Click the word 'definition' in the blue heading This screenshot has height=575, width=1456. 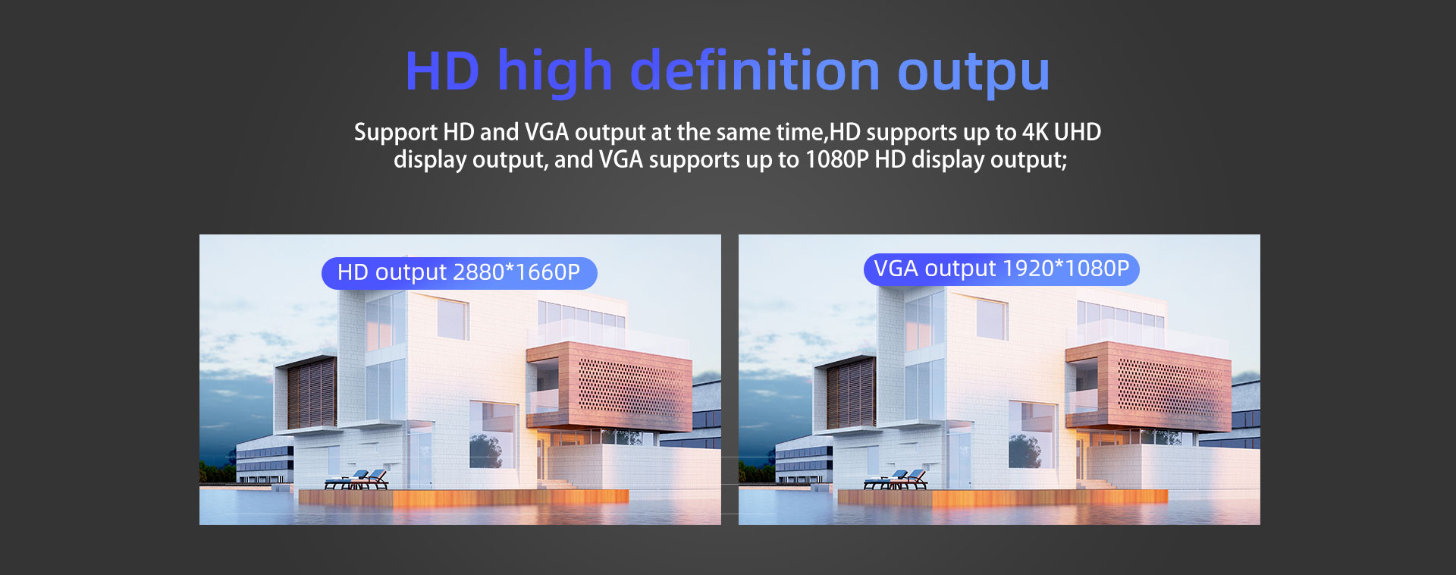click(755, 71)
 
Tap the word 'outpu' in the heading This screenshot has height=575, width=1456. click(974, 75)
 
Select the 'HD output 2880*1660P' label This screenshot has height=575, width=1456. click(459, 273)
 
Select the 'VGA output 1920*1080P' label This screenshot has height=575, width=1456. click(1001, 269)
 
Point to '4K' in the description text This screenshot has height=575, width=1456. click(1034, 132)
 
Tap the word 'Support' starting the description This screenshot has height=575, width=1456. click(396, 133)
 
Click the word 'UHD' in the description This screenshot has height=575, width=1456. click(1077, 132)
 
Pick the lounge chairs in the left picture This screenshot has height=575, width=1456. click(356, 479)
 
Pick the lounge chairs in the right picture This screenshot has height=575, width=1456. click(896, 479)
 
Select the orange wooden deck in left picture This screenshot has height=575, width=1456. click(463, 497)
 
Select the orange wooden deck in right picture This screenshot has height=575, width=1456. click(1003, 497)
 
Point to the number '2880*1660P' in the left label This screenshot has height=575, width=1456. click(516, 272)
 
